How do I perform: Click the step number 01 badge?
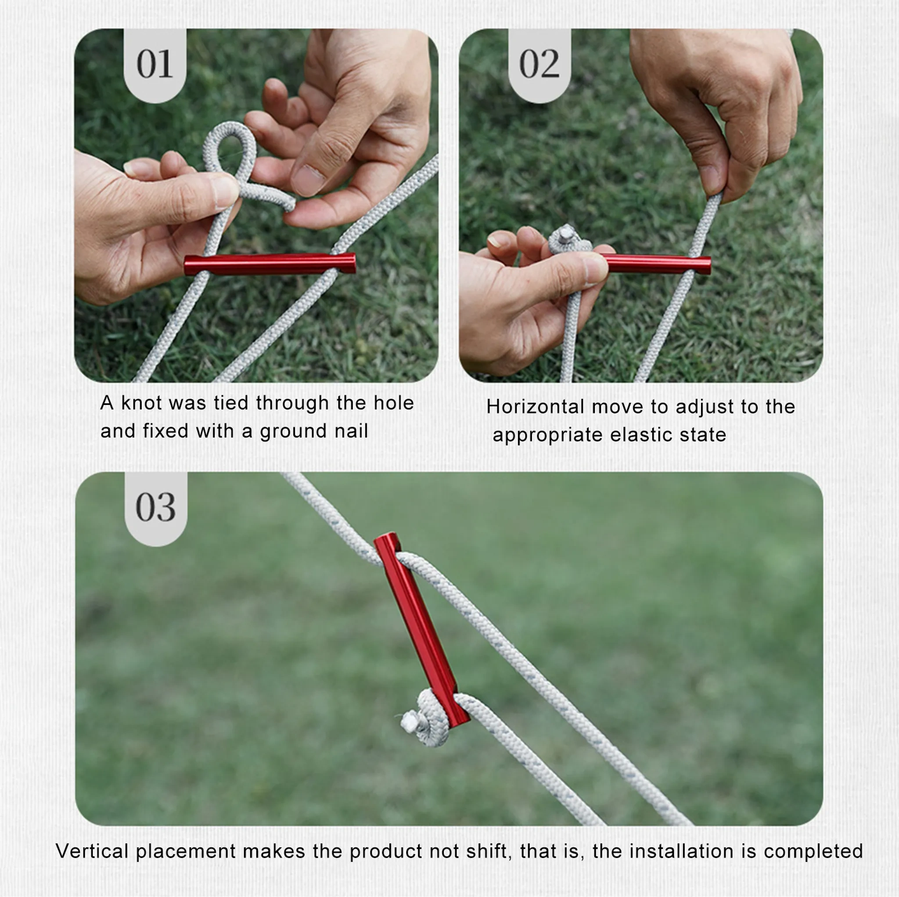(155, 65)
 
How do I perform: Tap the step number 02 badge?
(539, 65)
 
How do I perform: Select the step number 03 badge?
(156, 509)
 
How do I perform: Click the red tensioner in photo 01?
(270, 264)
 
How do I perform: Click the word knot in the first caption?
(140, 403)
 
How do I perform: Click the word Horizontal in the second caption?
(535, 407)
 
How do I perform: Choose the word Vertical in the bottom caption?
(92, 851)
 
